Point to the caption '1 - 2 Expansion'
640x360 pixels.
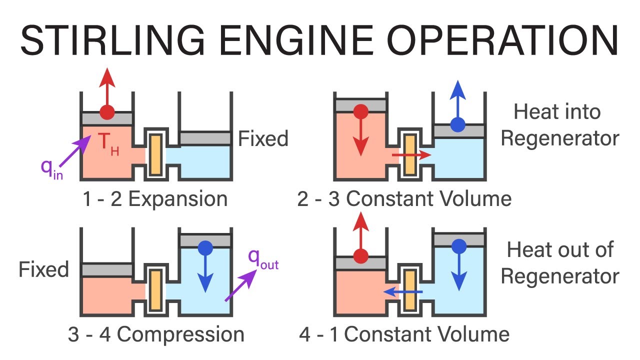pyautogui.click(x=154, y=199)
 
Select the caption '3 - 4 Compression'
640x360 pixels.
pyautogui.click(x=156, y=334)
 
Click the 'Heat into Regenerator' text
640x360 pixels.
pyautogui.click(x=559, y=125)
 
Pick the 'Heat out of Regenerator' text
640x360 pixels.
pyautogui.click(x=559, y=262)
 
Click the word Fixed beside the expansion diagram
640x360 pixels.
pyautogui.click(x=263, y=138)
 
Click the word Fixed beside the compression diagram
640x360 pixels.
pyautogui.click(x=44, y=270)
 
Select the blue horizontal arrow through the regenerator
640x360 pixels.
pyautogui.click(x=403, y=291)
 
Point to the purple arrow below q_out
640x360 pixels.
pyautogui.click(x=238, y=286)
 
